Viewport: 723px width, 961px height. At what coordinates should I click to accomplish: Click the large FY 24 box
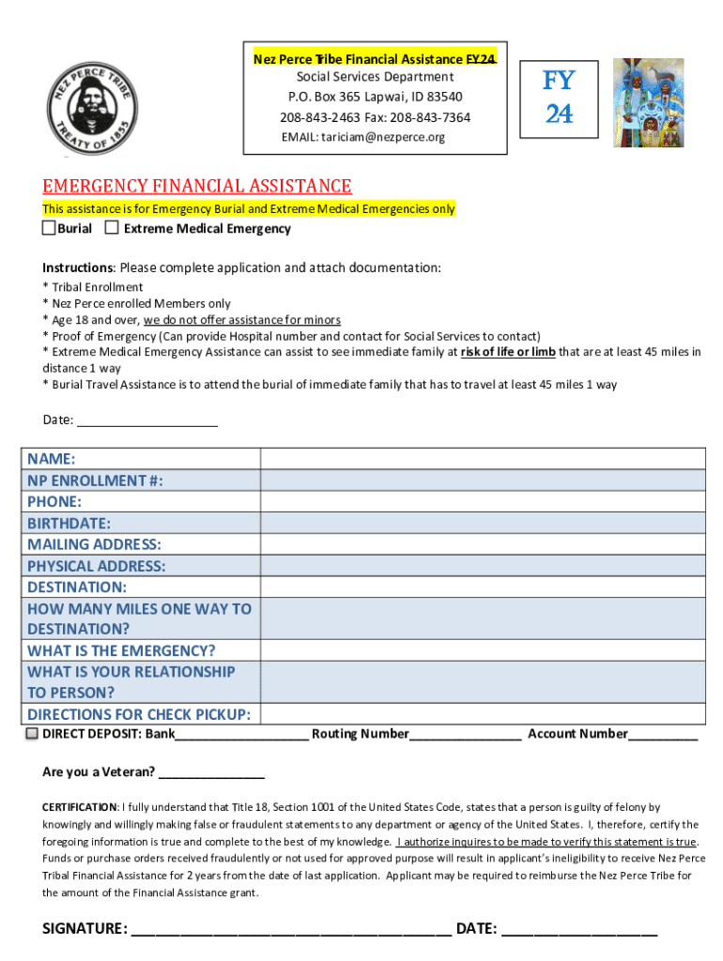(559, 97)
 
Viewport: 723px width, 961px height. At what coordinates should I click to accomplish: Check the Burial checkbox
(49, 228)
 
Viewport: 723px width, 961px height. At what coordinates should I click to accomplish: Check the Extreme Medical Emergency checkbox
(112, 228)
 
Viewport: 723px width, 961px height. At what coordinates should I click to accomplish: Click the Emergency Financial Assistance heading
(197, 186)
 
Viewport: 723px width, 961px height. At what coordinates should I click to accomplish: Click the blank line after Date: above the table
(147, 420)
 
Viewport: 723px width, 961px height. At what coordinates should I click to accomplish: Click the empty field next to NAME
(483, 459)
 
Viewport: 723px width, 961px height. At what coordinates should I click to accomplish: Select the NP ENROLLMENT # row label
(95, 480)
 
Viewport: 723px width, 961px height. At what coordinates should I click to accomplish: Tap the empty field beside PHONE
(483, 502)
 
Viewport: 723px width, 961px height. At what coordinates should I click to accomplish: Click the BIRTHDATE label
(69, 523)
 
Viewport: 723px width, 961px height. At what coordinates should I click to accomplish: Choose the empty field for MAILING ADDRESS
(483, 544)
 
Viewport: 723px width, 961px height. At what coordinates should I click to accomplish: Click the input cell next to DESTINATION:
(483, 587)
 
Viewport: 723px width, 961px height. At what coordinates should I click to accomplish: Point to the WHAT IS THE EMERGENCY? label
(121, 650)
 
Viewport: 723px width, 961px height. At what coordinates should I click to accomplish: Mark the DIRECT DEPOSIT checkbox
(33, 733)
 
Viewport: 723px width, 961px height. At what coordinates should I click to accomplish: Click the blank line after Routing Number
(465, 734)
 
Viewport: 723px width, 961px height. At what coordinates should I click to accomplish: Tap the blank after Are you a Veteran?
(211, 772)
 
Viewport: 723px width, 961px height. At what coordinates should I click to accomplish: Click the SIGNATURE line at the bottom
(291, 929)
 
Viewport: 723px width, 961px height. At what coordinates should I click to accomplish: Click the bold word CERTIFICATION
(80, 807)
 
